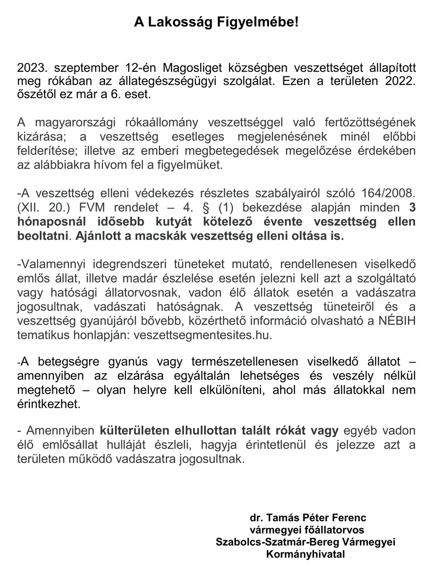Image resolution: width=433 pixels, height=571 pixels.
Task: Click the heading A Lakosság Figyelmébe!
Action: pyautogui.click(x=216, y=22)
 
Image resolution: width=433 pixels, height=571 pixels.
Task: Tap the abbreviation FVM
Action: pyautogui.click(x=92, y=207)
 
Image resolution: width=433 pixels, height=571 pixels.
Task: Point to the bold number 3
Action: pyautogui.click(x=412, y=207)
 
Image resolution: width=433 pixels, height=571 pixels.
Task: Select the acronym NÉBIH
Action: pyautogui.click(x=397, y=321)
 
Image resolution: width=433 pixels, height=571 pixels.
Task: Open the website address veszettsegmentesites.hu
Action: pyautogui.click(x=202, y=335)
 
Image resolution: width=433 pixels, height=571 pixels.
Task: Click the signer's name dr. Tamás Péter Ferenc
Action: pyautogui.click(x=308, y=518)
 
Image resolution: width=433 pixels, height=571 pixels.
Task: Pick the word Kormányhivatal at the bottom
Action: pyautogui.click(x=306, y=554)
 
